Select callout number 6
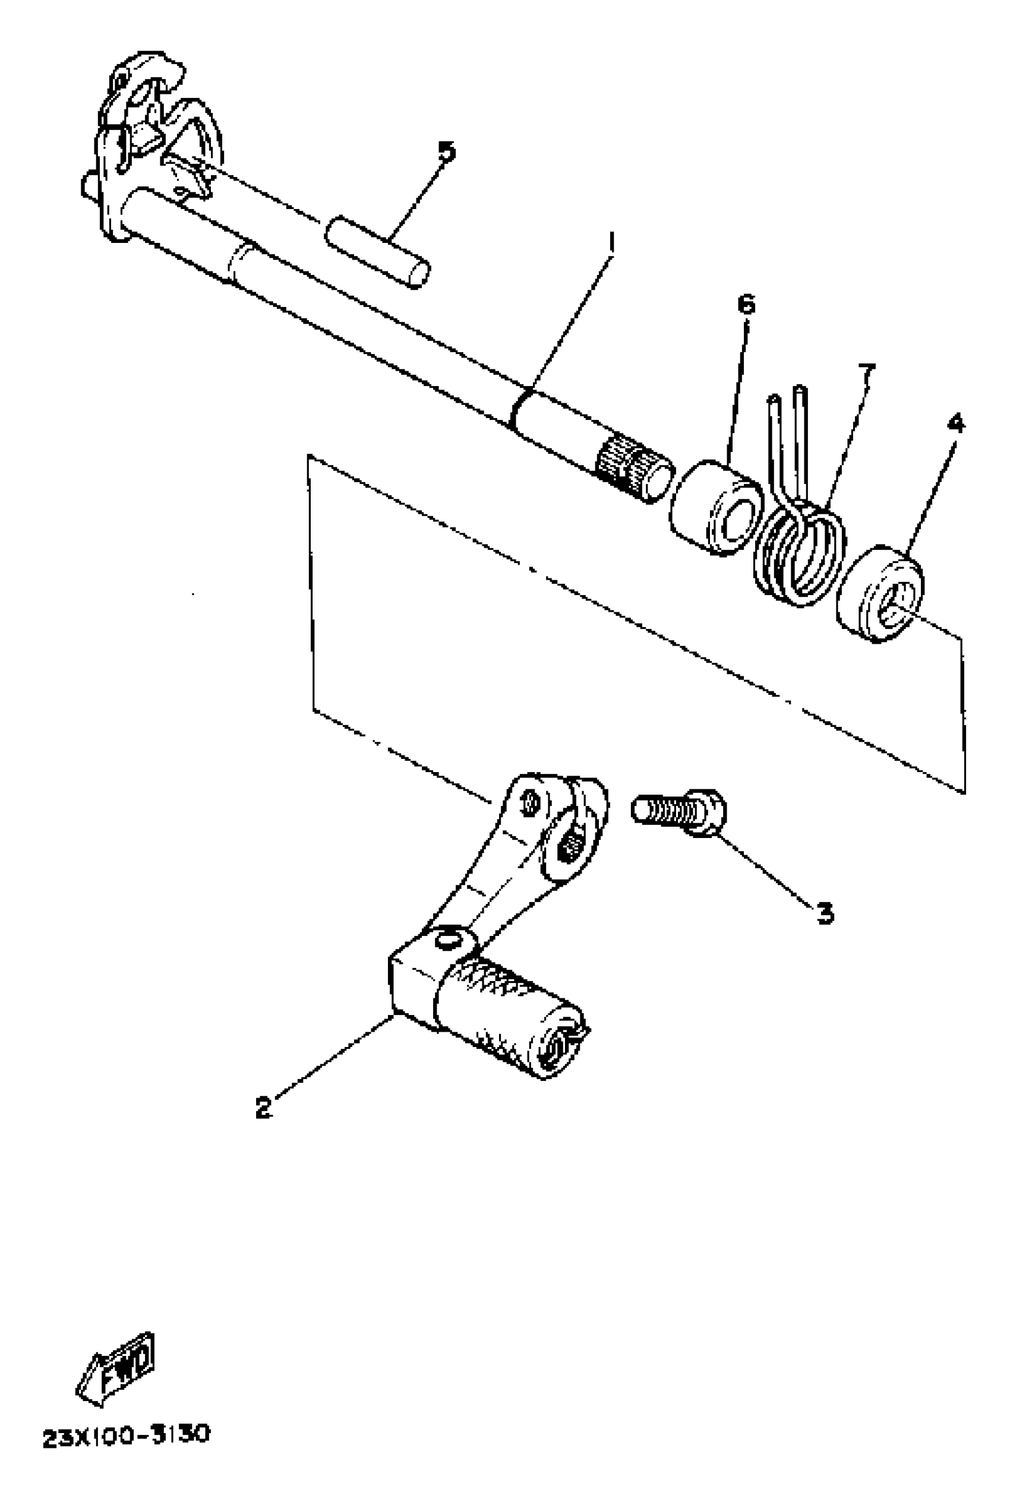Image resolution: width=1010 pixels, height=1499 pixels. (746, 304)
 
